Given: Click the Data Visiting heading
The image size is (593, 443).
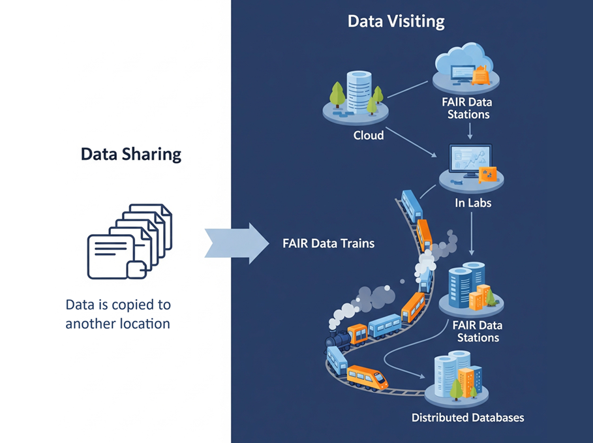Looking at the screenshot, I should (396, 21).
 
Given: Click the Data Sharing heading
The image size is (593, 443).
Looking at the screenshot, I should (131, 155).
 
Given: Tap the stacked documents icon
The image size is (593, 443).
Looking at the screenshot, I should (130, 241).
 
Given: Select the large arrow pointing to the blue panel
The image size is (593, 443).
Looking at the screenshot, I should (237, 243).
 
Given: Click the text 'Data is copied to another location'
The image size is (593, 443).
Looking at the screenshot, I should (117, 314).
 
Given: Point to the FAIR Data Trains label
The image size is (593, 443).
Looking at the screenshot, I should (328, 243).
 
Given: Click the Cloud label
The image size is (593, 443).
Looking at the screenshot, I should (369, 136).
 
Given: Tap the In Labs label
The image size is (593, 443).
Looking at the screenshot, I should (472, 203).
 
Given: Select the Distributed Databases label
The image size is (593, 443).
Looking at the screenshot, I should (468, 417).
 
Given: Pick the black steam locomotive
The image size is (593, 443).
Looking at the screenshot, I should (339, 340).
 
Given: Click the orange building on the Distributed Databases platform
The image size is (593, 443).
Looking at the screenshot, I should (466, 381).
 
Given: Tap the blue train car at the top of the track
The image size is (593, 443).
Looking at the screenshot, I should (412, 205).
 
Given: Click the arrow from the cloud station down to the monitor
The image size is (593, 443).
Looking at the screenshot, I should (470, 132).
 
